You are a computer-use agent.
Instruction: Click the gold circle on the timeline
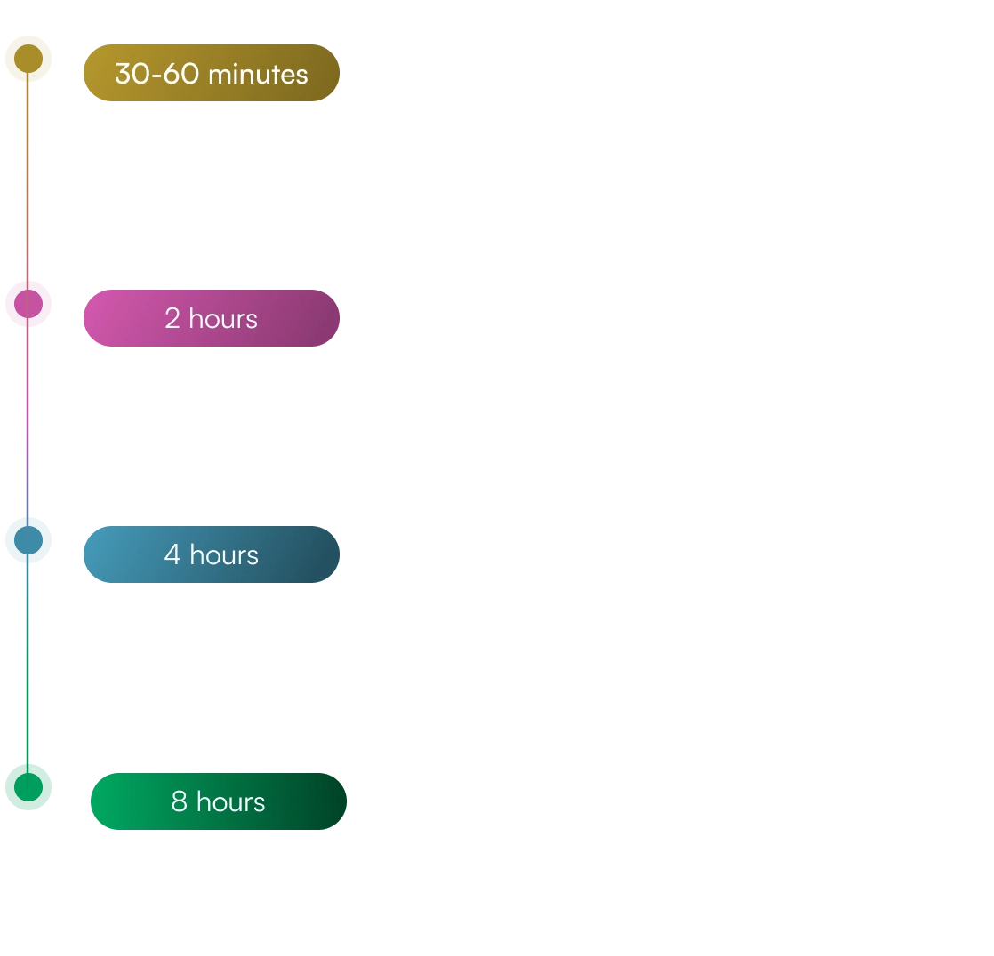coord(29,60)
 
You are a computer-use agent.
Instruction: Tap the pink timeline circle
coord(29,303)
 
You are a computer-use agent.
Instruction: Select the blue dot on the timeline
coord(29,540)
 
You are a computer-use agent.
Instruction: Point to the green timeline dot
coord(29,785)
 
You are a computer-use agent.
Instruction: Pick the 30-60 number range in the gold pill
coord(156,74)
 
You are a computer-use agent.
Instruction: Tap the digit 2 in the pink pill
coord(172,318)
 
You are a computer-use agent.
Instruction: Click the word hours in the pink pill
coord(223,318)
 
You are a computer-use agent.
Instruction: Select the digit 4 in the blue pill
coord(172,555)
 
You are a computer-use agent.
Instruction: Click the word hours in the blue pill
coord(224,555)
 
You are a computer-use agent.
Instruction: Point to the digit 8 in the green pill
coord(179,802)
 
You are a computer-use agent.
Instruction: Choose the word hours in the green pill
coord(231,802)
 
